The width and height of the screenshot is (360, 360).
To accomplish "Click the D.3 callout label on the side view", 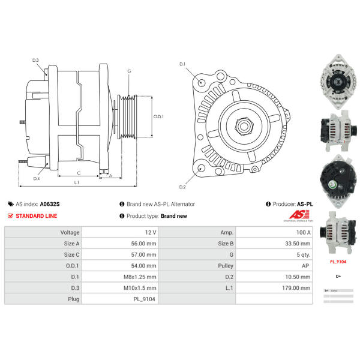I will pos(35,60).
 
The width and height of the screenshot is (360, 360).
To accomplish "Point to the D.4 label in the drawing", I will pos(37,178).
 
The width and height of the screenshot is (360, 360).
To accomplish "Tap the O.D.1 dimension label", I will pos(158,116).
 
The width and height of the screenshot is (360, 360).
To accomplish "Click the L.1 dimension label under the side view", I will pos(77,182).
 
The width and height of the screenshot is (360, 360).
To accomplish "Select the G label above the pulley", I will pos(129,71).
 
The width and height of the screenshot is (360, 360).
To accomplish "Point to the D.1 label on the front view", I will pos(182,64).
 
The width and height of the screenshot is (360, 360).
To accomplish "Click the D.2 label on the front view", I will pos(182,187).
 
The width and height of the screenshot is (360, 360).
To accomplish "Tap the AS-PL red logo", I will pos(298,215).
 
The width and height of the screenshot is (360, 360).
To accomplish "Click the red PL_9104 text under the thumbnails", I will pos(338,262).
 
